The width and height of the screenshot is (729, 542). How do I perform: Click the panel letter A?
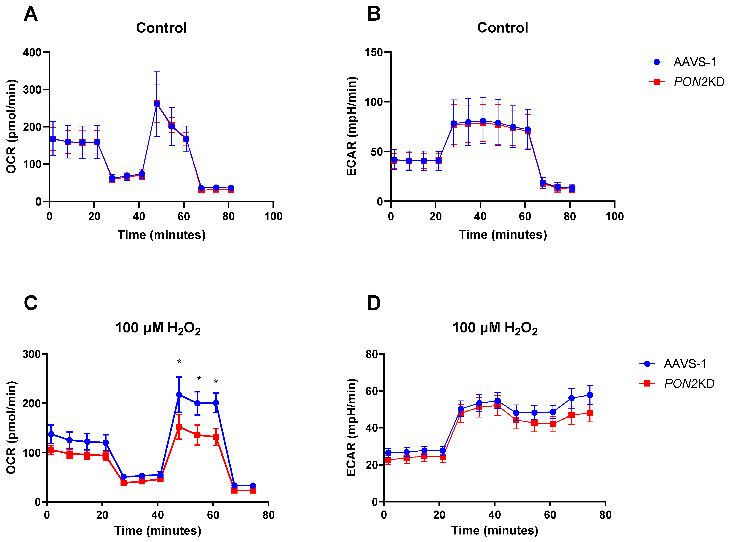pyautogui.click(x=30, y=14)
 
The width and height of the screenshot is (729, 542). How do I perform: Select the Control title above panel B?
pyautogui.click(x=502, y=28)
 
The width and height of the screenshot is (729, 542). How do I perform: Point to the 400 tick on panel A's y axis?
pyautogui.click(x=32, y=52)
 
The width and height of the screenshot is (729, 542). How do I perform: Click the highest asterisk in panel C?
pyautogui.click(x=179, y=362)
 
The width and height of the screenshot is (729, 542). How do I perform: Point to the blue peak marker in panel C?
pyautogui.click(x=179, y=395)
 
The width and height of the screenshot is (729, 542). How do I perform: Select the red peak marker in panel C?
pyautogui.click(x=179, y=427)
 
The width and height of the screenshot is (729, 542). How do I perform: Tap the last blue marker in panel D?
pyautogui.click(x=590, y=395)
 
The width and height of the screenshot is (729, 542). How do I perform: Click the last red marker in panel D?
pyautogui.click(x=590, y=413)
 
